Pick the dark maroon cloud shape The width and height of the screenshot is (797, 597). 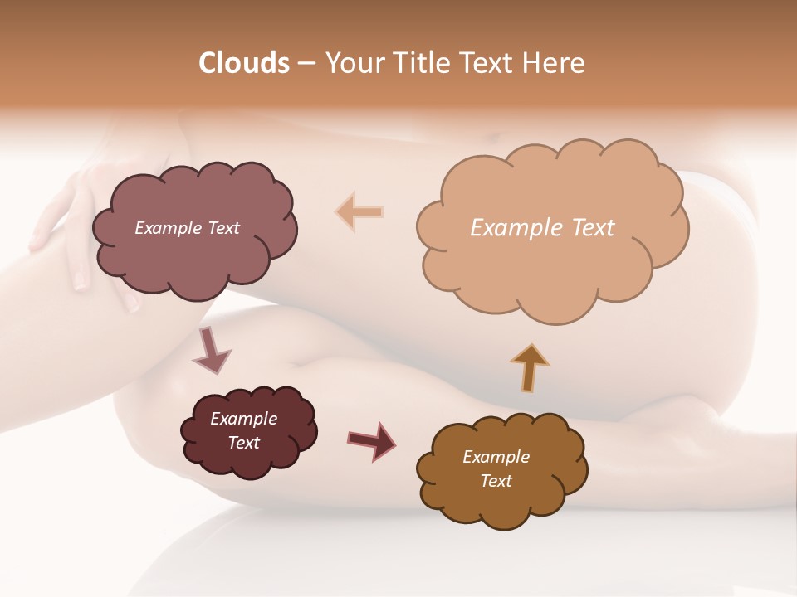coord(248,431)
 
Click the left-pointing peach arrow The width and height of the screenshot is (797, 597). coord(360,212)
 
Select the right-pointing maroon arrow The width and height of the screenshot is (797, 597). coord(372,439)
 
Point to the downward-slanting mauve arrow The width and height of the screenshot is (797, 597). coord(211,350)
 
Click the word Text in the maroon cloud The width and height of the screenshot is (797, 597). coord(244,443)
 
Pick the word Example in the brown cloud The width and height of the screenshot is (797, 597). coord(496,457)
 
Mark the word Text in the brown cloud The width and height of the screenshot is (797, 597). coord(496,481)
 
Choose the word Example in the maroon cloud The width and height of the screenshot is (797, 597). coord(244,419)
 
